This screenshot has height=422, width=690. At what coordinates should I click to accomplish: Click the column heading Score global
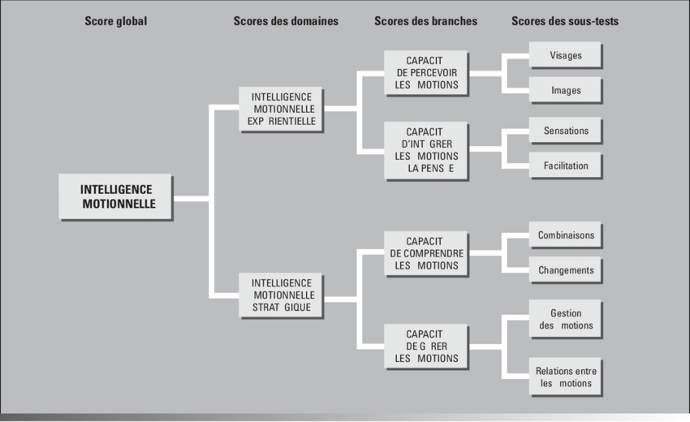[x=116, y=21]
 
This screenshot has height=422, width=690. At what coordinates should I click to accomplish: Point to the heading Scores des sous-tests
[x=565, y=21]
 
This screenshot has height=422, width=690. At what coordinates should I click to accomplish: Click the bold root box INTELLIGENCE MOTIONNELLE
[x=116, y=196]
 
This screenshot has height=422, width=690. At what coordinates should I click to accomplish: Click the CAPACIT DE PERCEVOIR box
[x=425, y=72]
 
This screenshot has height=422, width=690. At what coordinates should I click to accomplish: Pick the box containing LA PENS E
[x=425, y=150]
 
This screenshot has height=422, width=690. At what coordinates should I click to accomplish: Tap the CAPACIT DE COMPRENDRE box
[x=425, y=253]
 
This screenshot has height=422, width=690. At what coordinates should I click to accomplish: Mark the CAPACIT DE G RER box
[x=425, y=346]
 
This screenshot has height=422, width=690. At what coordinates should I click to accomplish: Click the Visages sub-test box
[x=565, y=55]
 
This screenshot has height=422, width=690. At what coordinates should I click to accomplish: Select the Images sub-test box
[x=565, y=90]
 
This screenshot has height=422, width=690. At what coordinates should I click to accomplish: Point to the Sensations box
[x=565, y=130]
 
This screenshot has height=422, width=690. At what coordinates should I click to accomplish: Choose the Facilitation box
[x=565, y=166]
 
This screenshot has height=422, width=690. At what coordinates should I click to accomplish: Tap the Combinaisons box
[x=565, y=235]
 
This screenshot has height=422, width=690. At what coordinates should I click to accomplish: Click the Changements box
[x=565, y=270]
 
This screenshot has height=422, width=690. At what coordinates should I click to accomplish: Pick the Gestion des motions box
[x=565, y=319]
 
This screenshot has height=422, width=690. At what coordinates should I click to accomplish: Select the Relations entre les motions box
[x=565, y=377]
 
